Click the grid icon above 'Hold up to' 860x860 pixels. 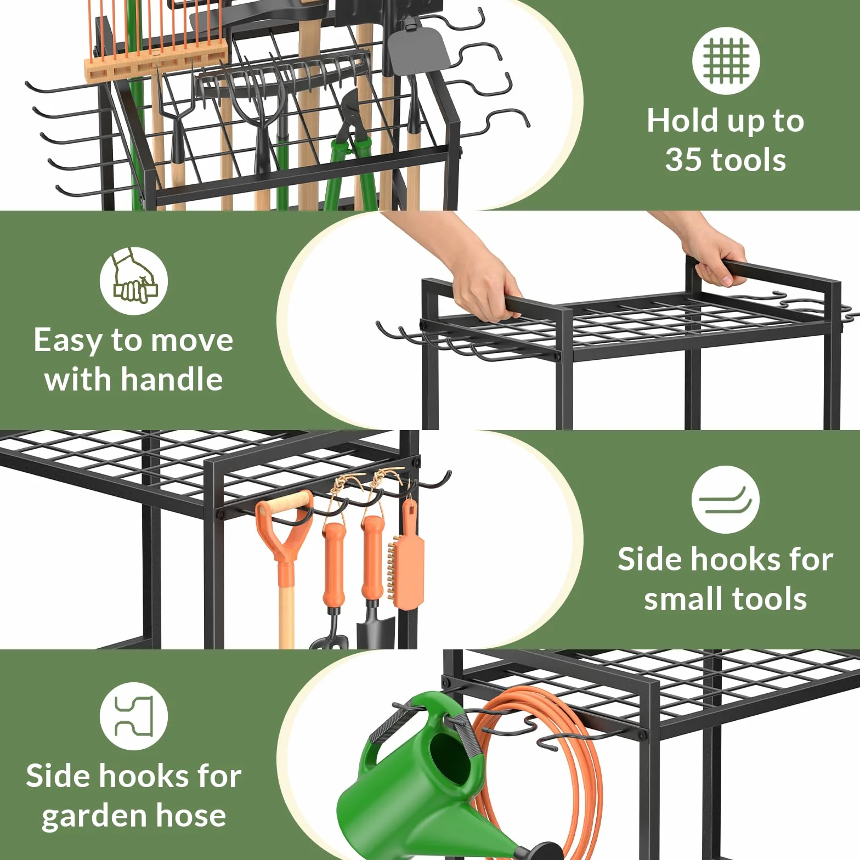click(x=726, y=61)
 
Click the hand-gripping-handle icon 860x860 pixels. click(x=134, y=281)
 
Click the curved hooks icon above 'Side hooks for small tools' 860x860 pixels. click(x=726, y=500)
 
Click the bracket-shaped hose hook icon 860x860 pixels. click(x=134, y=716)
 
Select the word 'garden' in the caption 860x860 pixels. click(x=86, y=816)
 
